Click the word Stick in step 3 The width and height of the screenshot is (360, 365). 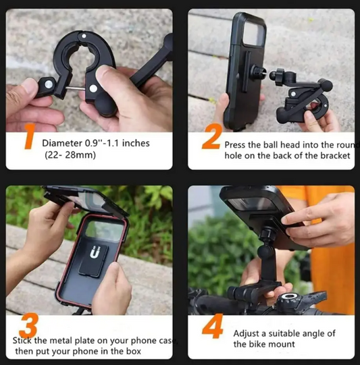pyautogui.click(x=24, y=341)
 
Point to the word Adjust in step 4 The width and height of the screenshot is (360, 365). pyautogui.click(x=247, y=333)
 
